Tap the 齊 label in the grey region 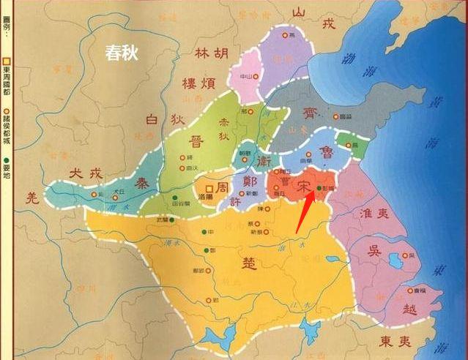click(x=309, y=112)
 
